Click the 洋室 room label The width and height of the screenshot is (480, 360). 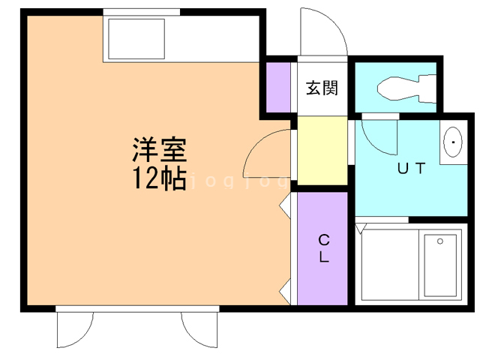click(159, 151)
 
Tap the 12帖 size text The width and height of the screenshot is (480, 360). click(159, 178)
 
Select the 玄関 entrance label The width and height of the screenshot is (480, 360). click(322, 88)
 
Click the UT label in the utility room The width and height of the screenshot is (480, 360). click(411, 169)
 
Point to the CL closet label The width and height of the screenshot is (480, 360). click(324, 248)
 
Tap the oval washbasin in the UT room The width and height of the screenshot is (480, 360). click(452, 142)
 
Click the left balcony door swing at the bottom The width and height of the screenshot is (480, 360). click(75, 330)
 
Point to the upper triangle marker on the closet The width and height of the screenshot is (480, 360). click(286, 204)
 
